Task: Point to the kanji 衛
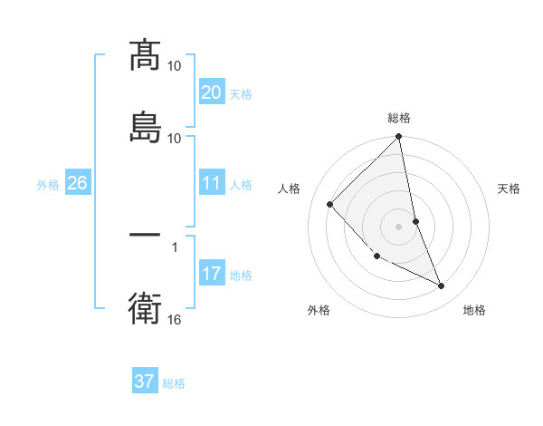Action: pyautogui.click(x=145, y=307)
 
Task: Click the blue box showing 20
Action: pyautogui.click(x=211, y=92)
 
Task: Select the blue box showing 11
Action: pyautogui.click(x=211, y=184)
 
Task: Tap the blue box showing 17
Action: pyautogui.click(x=211, y=274)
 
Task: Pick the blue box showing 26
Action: pyautogui.click(x=77, y=184)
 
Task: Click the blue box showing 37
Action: pyautogui.click(x=145, y=382)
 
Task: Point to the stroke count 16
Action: pyautogui.click(x=176, y=320)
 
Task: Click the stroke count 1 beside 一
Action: pyautogui.click(x=175, y=246)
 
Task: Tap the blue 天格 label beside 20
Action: pyautogui.click(x=241, y=94)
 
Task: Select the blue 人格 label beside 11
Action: pyautogui.click(x=241, y=185)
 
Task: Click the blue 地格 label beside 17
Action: pyautogui.click(x=241, y=276)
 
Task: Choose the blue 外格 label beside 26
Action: pyautogui.click(x=48, y=185)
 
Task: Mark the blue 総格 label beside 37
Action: pyautogui.click(x=174, y=383)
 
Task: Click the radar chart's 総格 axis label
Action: pyautogui.click(x=399, y=118)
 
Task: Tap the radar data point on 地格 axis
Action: pyautogui.click(x=442, y=286)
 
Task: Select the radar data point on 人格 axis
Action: pyautogui.click(x=330, y=204)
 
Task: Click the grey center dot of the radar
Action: pyautogui.click(x=399, y=226)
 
